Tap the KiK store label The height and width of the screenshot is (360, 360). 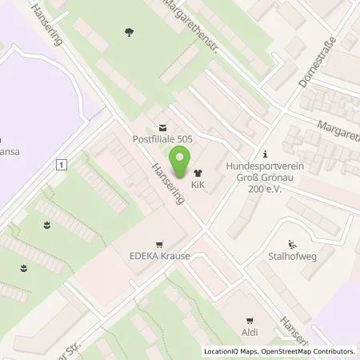tap(197, 188)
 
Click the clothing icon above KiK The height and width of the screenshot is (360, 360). tap(197, 173)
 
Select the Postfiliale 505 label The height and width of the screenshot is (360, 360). tap(163, 138)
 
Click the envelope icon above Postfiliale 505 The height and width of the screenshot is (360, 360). tap(163, 126)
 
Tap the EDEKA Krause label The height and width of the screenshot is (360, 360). tap(160, 258)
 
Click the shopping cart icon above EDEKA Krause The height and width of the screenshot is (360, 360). tap(160, 245)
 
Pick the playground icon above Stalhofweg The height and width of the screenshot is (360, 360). tap(292, 245)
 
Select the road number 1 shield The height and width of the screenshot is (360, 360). tap(60, 164)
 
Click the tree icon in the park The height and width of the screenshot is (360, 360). tap(129, 32)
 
